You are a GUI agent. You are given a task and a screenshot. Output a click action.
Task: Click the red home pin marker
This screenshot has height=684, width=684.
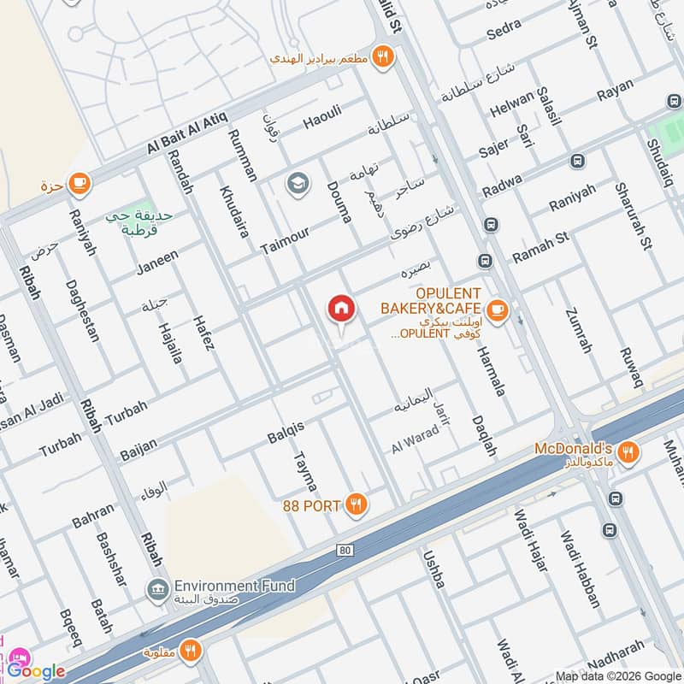click(341, 310)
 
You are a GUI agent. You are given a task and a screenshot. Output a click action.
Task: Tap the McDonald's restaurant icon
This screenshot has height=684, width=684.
click(628, 455)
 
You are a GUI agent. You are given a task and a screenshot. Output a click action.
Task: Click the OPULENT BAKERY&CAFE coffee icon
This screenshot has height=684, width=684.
click(497, 311)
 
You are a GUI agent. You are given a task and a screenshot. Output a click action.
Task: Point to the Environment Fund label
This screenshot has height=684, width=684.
click(234, 586)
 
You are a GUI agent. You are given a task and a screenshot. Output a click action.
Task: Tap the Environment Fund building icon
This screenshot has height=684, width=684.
click(156, 588)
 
